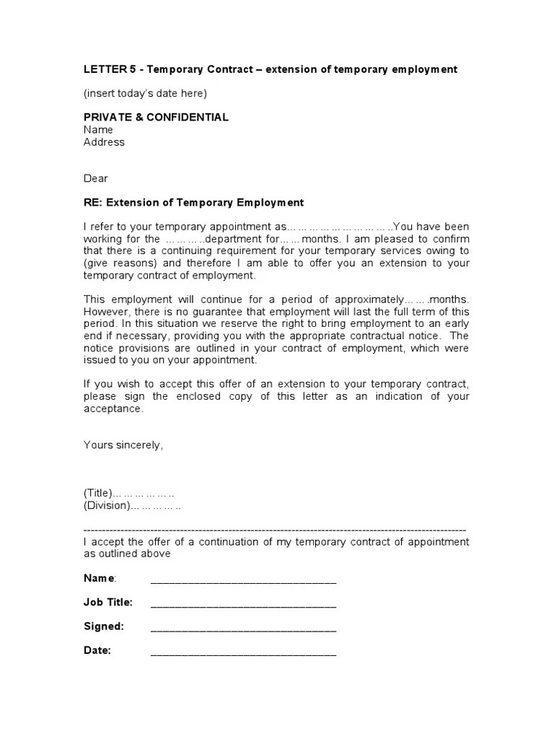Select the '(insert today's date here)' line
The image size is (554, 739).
(x=145, y=93)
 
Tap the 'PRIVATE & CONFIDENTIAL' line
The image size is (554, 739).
(x=156, y=117)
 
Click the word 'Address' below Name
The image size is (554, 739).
(x=104, y=142)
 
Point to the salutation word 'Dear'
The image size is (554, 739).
(x=96, y=178)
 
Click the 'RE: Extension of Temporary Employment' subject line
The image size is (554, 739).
(x=193, y=203)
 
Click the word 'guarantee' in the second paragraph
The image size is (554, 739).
(x=219, y=311)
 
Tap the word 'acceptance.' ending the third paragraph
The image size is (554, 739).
(x=113, y=408)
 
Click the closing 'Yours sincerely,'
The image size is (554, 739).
(x=123, y=445)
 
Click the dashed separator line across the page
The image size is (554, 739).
(x=275, y=529)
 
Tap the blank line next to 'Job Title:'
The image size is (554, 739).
(x=243, y=603)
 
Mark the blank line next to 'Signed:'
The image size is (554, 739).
(x=243, y=628)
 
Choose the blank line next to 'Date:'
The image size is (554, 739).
(x=243, y=652)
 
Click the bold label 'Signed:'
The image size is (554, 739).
(x=104, y=626)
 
